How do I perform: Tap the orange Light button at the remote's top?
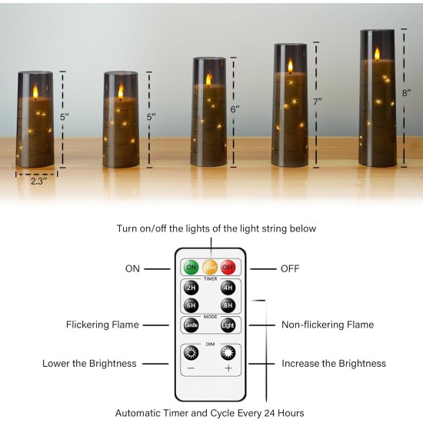click(210, 268)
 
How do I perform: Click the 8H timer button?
click(228, 306)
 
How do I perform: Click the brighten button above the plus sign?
click(228, 353)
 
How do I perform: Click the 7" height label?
click(317, 101)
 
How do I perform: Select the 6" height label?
click(235, 109)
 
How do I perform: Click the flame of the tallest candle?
click(377, 54)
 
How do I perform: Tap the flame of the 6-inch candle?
click(208, 80)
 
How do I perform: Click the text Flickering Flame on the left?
click(102, 325)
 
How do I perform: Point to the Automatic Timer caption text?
click(209, 413)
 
